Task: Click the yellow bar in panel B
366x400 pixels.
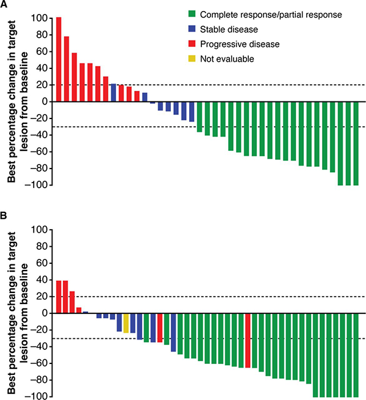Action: pos(126,324)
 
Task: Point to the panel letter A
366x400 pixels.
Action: pos(5,5)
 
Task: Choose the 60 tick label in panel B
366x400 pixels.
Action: pos(40,263)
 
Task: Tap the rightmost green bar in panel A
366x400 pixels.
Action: pos(356,144)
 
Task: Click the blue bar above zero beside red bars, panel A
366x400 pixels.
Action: pos(113,93)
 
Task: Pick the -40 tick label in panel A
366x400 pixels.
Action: pos(38,135)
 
